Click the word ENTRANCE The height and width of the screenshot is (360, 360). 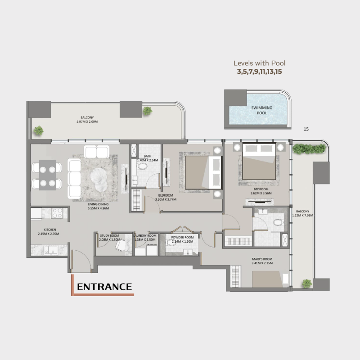pos(104,287)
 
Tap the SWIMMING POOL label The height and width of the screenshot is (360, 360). pos(259,111)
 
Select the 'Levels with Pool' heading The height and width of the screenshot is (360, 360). pos(259,63)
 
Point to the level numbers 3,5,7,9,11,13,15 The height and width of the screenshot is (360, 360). pos(259,71)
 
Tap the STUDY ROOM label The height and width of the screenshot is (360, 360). pos(109,235)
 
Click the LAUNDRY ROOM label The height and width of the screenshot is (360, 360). pos(145,235)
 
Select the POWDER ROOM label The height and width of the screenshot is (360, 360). pos(182,237)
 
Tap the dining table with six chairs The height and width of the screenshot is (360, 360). pos(47,175)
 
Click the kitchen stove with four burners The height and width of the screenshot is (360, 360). pos(58,213)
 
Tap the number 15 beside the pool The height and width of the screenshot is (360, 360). pos(306,129)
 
